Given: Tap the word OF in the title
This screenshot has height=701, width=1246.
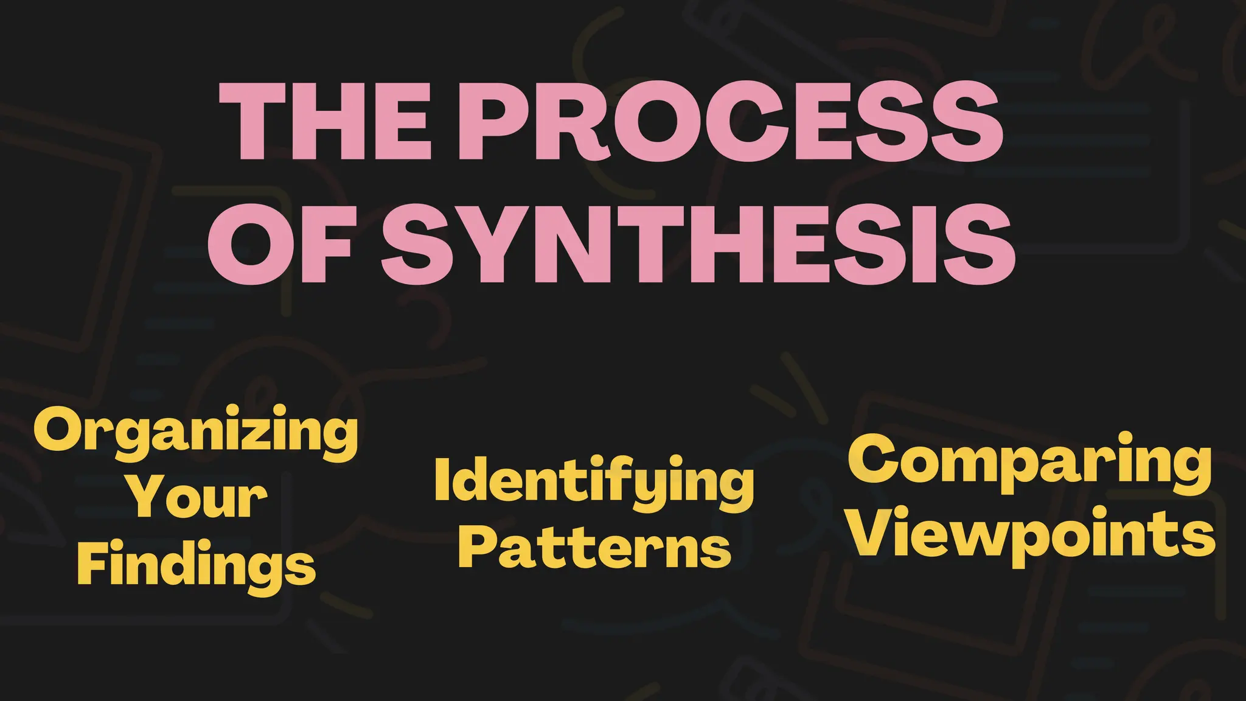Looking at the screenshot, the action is [280, 243].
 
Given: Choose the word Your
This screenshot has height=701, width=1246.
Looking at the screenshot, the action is [198, 498].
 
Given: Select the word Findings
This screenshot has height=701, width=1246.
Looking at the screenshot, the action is [197, 565].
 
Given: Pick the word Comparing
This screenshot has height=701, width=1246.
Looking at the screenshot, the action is [1029, 462].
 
